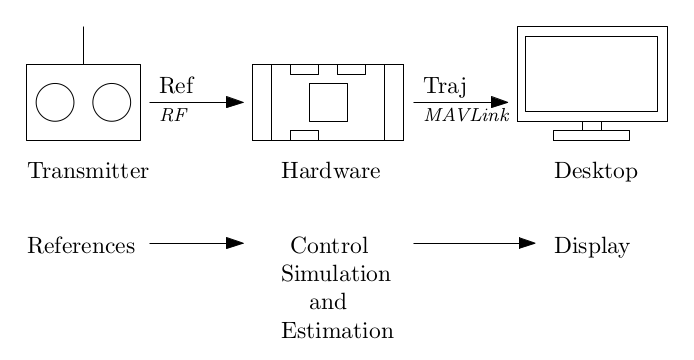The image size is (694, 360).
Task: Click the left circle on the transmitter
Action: click(55, 102)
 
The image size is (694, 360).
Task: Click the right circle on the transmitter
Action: click(112, 102)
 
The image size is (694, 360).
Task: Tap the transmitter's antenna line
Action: click(83, 46)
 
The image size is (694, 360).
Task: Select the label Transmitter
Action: click(88, 172)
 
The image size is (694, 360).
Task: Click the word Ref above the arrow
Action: click(176, 84)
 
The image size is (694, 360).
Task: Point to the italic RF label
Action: click(173, 116)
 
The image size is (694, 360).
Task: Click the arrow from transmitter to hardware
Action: click(196, 102)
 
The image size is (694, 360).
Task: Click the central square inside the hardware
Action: click(328, 102)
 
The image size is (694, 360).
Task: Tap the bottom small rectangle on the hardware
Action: click(304, 135)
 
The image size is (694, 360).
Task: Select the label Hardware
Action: click(331, 172)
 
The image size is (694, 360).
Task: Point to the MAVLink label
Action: click(467, 116)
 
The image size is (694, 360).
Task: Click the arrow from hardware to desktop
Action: click(460, 102)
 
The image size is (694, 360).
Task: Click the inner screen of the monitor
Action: click(591, 74)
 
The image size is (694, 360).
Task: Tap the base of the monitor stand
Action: click(591, 135)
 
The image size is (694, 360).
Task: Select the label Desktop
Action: click(595, 172)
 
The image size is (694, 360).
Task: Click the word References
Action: click(81, 246)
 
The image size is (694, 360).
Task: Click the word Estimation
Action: click(337, 331)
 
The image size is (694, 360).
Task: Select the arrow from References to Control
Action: click(196, 243)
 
